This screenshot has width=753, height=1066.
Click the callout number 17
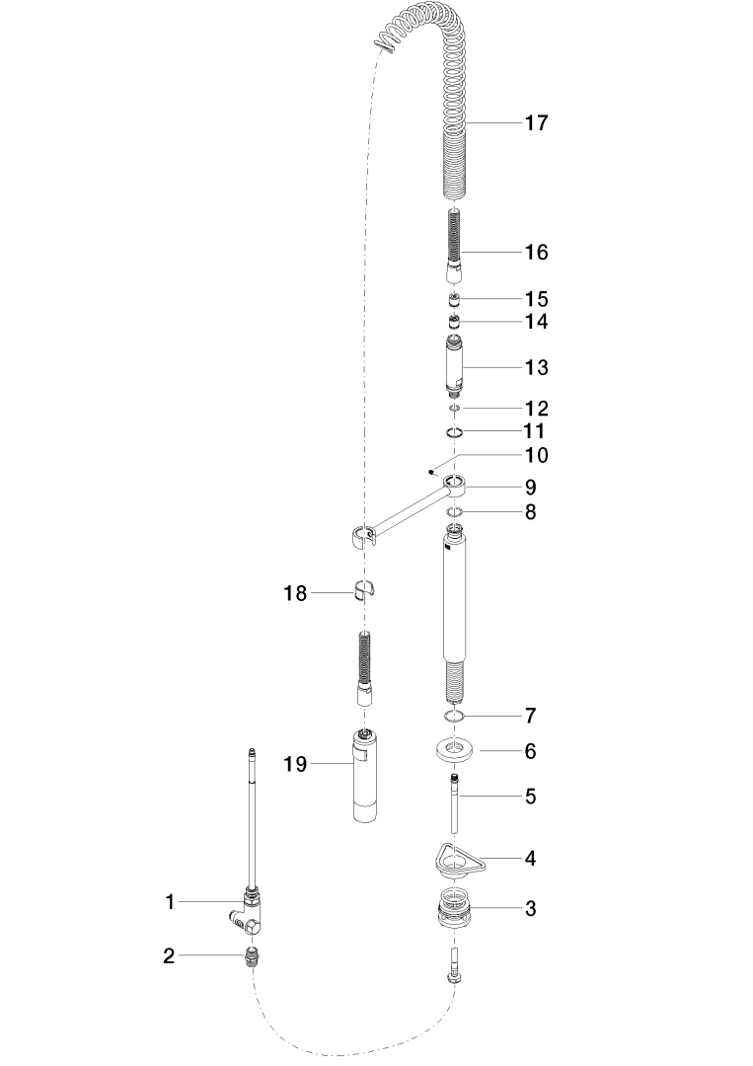pyautogui.click(x=536, y=123)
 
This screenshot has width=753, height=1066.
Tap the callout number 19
pyautogui.click(x=296, y=765)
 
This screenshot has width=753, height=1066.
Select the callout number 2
pyautogui.click(x=169, y=956)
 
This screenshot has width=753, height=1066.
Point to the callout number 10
pyautogui.click(x=537, y=455)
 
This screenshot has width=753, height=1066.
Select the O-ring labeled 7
pyautogui.click(x=455, y=716)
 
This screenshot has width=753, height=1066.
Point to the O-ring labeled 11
pyautogui.click(x=455, y=432)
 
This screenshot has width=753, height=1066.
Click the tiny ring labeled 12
pyautogui.click(x=455, y=408)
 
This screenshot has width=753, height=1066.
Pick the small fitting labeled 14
pyautogui.click(x=455, y=322)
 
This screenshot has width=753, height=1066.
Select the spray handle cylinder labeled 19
pyautogui.click(x=364, y=776)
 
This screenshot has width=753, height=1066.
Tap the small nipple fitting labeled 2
pyautogui.click(x=252, y=956)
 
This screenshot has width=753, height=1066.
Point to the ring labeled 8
pyautogui.click(x=455, y=512)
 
